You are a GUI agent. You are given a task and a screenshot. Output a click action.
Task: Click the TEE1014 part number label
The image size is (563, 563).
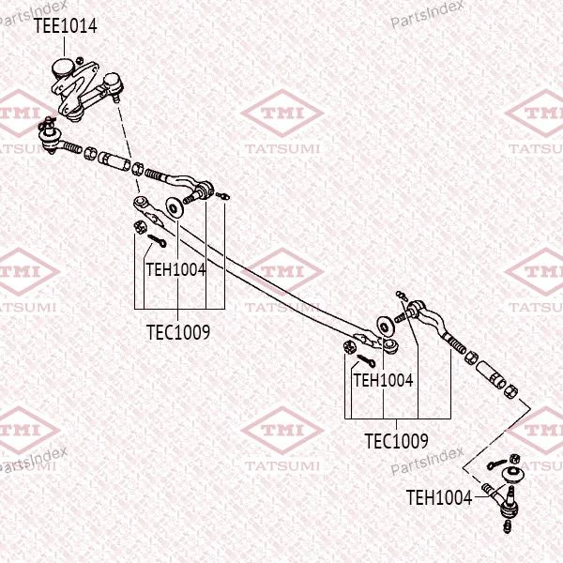coord(66,26)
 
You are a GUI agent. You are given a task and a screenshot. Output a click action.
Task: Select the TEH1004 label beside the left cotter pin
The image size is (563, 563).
coord(176,269)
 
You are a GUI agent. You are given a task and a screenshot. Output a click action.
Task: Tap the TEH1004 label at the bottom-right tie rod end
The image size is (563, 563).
coord(439,497)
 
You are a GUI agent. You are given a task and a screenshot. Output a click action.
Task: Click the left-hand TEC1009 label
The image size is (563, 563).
coord(178,332)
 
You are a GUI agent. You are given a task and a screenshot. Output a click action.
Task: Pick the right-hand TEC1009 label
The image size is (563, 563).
coord(396,441)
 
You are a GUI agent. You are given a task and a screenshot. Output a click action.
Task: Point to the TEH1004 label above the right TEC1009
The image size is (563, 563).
coord(384,380)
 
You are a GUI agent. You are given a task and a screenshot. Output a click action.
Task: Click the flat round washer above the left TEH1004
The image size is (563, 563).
coord(174,207)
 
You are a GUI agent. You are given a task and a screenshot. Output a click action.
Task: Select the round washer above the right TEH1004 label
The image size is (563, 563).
coord(385,326)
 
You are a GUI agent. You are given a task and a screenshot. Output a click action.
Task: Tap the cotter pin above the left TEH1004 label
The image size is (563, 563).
coord(157,240)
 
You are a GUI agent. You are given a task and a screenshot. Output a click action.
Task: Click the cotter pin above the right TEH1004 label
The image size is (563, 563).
coord(366,360)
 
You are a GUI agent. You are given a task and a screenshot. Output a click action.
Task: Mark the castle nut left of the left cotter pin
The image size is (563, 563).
coord(139,226)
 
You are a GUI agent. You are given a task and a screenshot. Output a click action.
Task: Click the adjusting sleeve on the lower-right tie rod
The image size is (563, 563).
coord(491,374)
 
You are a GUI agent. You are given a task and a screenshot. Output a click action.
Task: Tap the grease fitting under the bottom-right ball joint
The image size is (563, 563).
coord(507,526)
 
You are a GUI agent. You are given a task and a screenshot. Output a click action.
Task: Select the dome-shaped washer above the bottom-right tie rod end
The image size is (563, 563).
coord(513,473)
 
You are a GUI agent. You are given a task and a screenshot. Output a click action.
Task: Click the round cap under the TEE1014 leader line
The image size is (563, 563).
coord(64,68)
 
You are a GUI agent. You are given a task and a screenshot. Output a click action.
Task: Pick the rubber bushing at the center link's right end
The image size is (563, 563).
coord(389,345)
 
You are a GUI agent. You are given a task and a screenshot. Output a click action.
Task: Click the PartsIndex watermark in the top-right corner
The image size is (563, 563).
coord(427,14)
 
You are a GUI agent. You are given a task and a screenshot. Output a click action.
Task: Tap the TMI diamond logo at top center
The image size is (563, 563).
coord(282,114)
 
